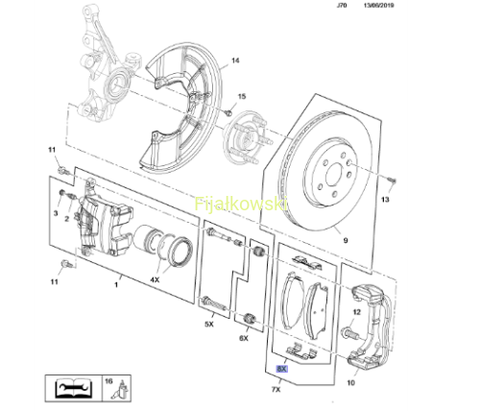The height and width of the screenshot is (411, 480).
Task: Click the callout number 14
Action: (x=235, y=60)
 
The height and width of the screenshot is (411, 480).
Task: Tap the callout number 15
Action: (x=242, y=96)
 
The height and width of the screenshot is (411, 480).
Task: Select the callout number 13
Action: (x=385, y=200)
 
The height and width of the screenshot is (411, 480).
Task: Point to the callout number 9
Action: (x=346, y=240)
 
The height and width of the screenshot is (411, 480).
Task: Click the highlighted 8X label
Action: (x=282, y=369)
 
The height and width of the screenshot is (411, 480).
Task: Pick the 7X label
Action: (x=276, y=389)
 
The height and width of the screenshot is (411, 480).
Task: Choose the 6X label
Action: (x=244, y=338)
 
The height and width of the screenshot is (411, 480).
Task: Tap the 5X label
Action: (x=209, y=325)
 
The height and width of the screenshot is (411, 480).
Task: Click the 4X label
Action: (x=155, y=279)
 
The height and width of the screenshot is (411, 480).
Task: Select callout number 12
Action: (x=357, y=312)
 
